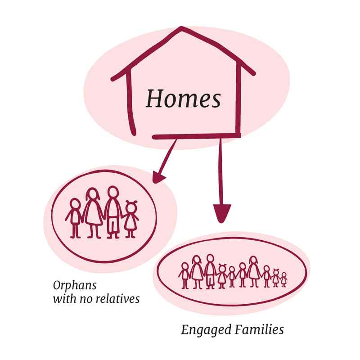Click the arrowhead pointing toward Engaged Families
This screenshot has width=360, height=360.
[221, 211]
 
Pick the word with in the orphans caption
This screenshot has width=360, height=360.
[63, 298]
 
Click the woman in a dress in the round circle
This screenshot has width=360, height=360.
[94, 211]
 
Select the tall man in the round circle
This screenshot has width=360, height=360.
[112, 211]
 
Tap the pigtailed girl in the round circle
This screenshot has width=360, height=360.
[131, 218]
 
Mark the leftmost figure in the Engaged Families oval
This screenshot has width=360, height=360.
[184, 276]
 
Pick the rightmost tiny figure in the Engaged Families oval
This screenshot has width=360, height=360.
[284, 279]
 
